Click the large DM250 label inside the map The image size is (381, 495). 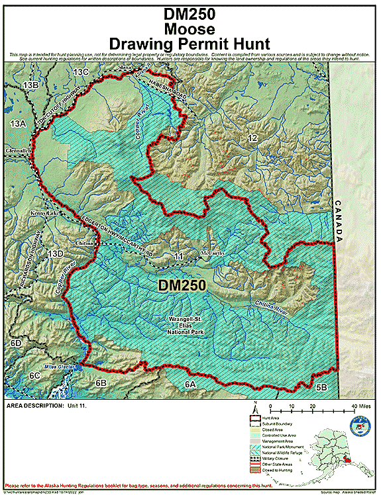click(182, 285)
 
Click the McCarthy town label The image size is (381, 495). click(213, 252)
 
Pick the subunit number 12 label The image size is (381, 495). click(252, 138)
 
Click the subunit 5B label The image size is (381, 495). click(321, 386)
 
